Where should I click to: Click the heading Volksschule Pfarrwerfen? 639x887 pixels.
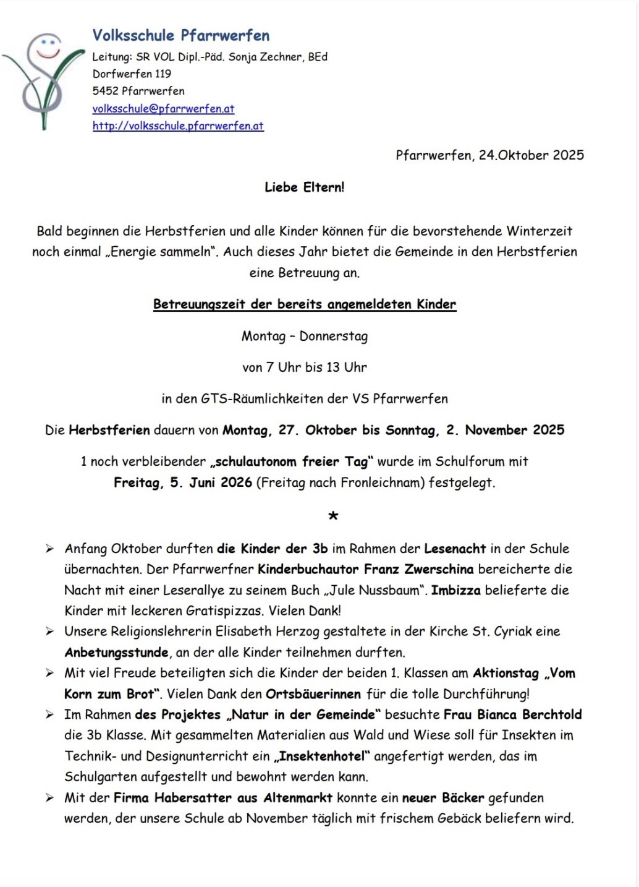click(180, 35)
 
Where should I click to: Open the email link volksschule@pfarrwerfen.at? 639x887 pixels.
click(163, 109)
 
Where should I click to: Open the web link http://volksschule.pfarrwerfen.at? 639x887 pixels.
click(178, 126)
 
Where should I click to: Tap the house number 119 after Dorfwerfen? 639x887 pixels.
click(163, 74)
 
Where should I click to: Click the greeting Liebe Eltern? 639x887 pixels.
click(304, 187)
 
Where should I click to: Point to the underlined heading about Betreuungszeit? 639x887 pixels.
click(304, 304)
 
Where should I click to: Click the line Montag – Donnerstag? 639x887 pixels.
click(304, 336)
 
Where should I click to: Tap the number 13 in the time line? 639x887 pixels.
click(333, 367)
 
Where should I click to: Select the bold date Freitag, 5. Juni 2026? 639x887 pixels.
click(183, 482)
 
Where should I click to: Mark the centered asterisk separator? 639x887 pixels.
click(333, 515)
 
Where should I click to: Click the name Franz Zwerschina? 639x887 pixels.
click(418, 569)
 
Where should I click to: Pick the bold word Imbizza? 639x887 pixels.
click(455, 590)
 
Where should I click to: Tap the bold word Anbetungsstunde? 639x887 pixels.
click(116, 653)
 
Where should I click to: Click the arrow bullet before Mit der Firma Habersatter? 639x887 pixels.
click(49, 798)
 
